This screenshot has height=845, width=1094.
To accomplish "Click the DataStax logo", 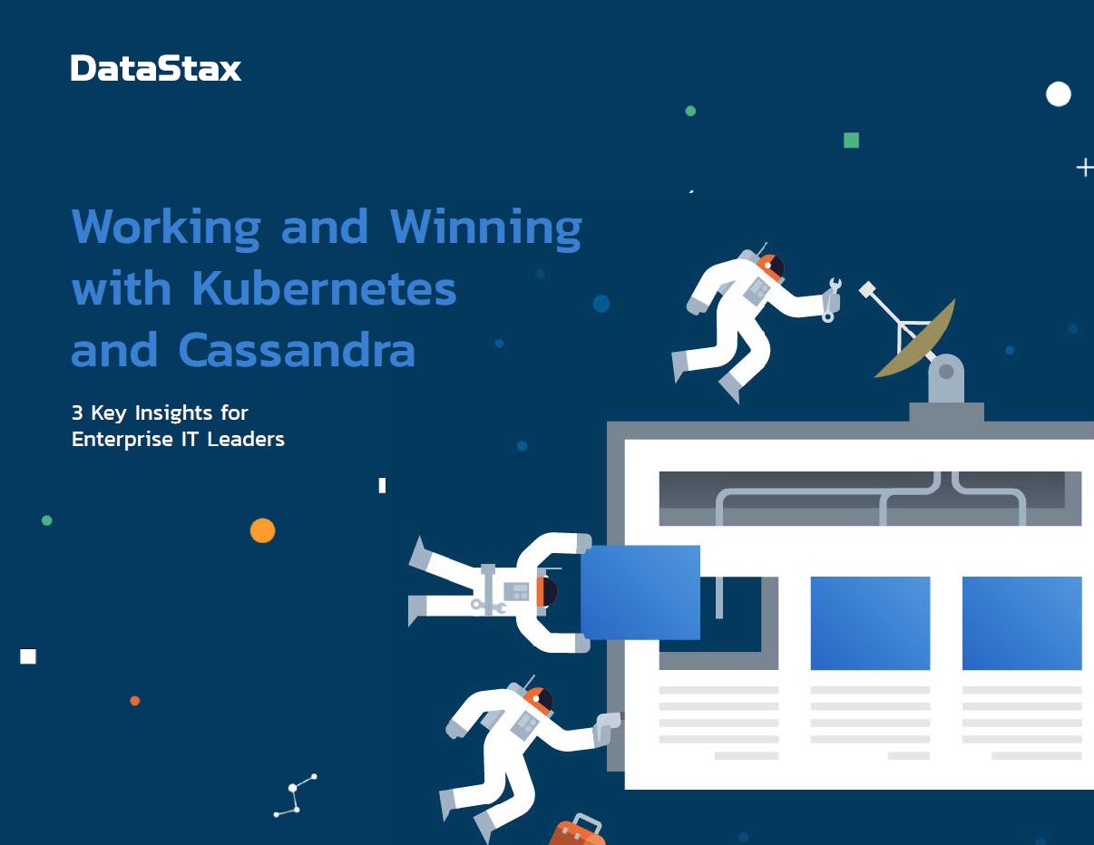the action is (x=156, y=68).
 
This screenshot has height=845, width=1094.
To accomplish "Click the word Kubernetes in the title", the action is (x=324, y=288).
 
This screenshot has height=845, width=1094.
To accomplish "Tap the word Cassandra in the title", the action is (x=297, y=350).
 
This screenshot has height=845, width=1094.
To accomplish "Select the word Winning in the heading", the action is (x=486, y=228).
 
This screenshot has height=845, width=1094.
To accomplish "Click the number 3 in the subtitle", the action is (x=77, y=413).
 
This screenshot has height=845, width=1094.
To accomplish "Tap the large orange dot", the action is (x=263, y=530).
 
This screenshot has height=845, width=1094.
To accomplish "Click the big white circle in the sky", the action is (x=1059, y=94).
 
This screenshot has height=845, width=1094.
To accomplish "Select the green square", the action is (x=851, y=141).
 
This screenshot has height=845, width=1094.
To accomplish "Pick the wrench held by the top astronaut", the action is (x=832, y=300).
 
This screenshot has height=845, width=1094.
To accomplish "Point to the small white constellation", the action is (x=295, y=796).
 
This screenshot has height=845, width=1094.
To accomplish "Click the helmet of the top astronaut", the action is (x=771, y=267).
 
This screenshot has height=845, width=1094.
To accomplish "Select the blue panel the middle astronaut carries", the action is (x=640, y=592).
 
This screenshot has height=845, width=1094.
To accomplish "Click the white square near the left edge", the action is (x=28, y=656).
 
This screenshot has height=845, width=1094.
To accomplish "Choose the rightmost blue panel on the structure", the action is (x=1022, y=623).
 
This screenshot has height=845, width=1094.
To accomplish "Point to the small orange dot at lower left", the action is (x=135, y=701).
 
